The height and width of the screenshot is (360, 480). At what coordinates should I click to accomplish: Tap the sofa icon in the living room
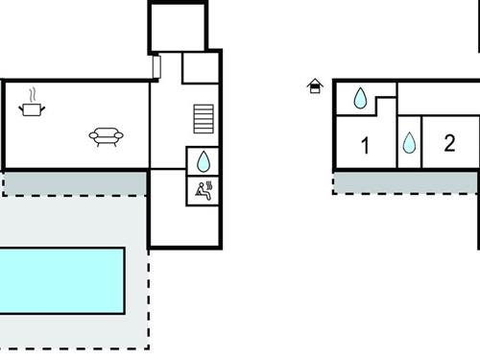105,136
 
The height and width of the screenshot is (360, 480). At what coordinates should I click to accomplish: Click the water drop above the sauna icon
204,161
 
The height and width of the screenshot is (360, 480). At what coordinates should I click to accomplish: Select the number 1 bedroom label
365,146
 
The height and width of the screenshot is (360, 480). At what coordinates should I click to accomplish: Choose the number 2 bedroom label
449,144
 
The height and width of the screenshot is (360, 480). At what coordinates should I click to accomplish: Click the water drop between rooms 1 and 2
409,143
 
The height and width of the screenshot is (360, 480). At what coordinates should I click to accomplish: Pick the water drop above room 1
361,97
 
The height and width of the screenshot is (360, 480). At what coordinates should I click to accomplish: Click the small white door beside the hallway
156,67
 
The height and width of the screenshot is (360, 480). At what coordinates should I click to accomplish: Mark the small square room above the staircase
200,68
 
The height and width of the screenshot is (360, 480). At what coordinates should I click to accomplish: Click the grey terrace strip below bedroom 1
403,181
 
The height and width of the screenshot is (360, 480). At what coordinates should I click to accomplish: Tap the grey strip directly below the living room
75,182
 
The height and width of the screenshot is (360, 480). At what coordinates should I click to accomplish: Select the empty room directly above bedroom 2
437,98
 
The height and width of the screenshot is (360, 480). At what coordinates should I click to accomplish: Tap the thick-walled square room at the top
178,27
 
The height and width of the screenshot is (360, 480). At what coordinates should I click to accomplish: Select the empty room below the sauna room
184,225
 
